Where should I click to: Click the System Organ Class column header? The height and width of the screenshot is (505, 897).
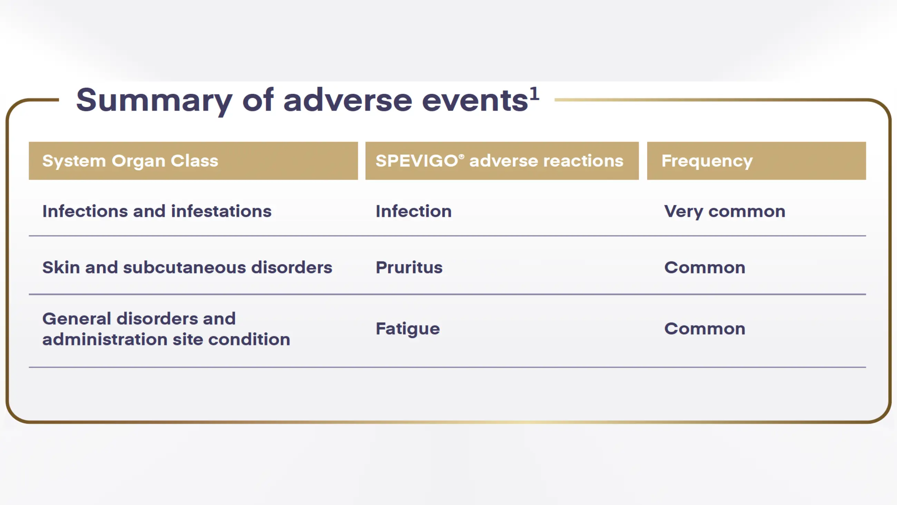(130, 161)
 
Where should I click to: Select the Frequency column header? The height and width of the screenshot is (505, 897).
(707, 161)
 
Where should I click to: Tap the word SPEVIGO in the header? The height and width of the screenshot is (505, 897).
(416, 161)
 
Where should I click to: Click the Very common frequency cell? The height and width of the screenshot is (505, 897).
(724, 212)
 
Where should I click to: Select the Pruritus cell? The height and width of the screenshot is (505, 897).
(409, 268)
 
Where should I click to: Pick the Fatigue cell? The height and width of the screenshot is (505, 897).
(407, 329)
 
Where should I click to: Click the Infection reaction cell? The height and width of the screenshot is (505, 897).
(413, 212)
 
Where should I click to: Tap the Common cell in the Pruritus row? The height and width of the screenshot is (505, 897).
(704, 268)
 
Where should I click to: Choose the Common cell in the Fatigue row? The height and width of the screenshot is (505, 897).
(704, 329)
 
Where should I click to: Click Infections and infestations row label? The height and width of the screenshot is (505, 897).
(157, 212)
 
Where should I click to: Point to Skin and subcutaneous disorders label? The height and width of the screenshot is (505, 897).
(187, 268)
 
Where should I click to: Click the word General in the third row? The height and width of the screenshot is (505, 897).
(77, 319)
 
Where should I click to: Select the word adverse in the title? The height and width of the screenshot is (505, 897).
(347, 100)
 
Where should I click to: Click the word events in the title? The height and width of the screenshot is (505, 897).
(475, 100)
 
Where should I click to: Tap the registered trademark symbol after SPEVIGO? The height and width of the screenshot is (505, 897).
(461, 157)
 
